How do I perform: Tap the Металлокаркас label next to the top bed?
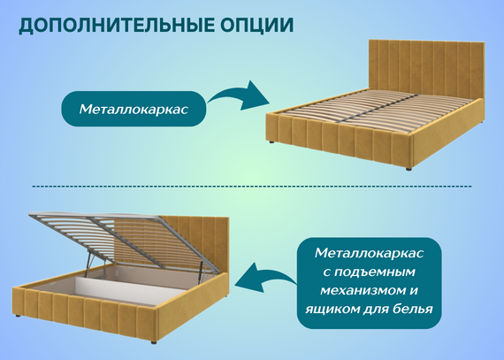pyautogui.click(x=134, y=109)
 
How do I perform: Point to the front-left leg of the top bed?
pyautogui.click(x=271, y=142)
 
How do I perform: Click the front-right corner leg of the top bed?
pyautogui.click(x=409, y=168)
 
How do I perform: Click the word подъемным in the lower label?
pyautogui.click(x=369, y=272)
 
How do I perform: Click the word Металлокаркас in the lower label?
pyautogui.click(x=369, y=253)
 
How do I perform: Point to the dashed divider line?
pyautogui.click(x=252, y=187)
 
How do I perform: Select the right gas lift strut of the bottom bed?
pyautogui.click(x=201, y=269)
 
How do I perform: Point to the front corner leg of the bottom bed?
pyautogui.click(x=154, y=342)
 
